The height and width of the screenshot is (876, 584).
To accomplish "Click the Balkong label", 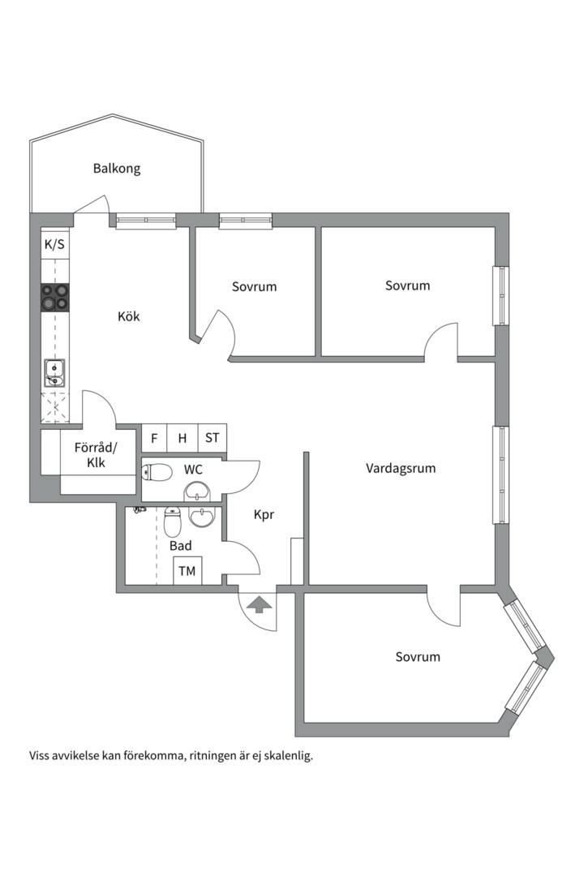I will click(116, 169).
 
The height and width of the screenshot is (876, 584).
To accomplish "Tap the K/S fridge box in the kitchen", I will click(55, 244).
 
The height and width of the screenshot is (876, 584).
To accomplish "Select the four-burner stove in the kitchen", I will click(55, 298).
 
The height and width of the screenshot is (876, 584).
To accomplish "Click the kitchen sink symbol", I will click(54, 373).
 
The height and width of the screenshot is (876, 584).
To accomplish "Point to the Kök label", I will click(128, 316).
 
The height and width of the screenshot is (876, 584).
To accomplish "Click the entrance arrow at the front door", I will click(259, 604).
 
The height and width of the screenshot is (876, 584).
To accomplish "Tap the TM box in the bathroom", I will click(187, 571).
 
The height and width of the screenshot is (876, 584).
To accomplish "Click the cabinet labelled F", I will click(154, 438).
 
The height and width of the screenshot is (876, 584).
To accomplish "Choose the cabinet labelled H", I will click(182, 438).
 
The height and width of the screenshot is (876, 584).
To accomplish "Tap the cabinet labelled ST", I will click(212, 438).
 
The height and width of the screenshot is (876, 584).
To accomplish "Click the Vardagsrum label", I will click(401, 468).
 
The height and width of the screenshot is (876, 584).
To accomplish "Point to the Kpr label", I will click(264, 514).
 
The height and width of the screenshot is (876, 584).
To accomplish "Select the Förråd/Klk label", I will click(96, 455).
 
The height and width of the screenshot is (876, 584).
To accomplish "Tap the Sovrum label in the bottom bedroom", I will click(418, 656).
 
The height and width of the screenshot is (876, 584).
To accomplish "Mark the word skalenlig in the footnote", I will click(287, 755).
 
